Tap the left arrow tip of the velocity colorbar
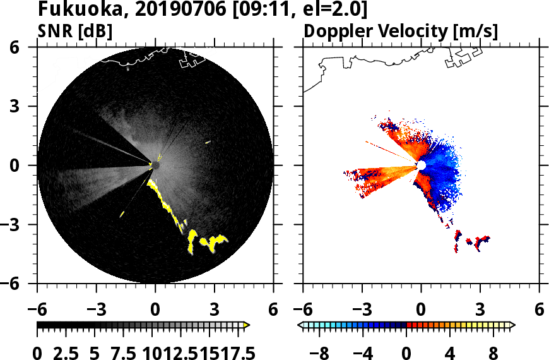pyautogui.click(x=300, y=325)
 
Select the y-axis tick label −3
pyautogui.click(x=17, y=225)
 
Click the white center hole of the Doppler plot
pyautogui.click(x=421, y=165)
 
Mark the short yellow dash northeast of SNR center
pyautogui.click(x=208, y=142)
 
